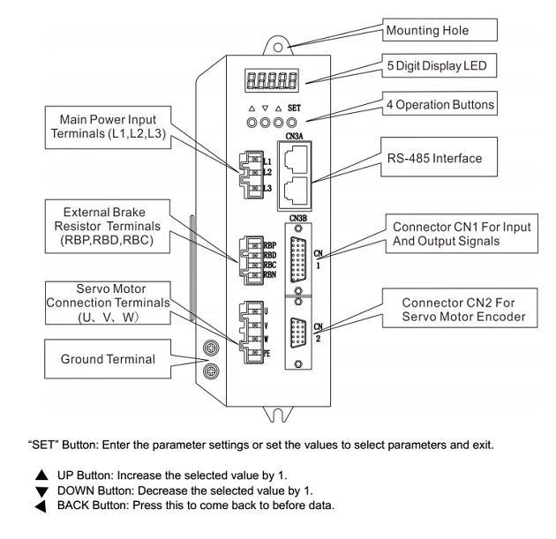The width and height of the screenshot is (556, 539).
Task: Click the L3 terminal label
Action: tap(267, 188)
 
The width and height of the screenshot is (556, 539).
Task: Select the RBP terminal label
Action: tap(269, 244)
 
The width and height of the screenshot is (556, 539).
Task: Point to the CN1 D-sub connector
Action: tap(300, 263)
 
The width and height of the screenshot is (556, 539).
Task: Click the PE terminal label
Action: tap(267, 354)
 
